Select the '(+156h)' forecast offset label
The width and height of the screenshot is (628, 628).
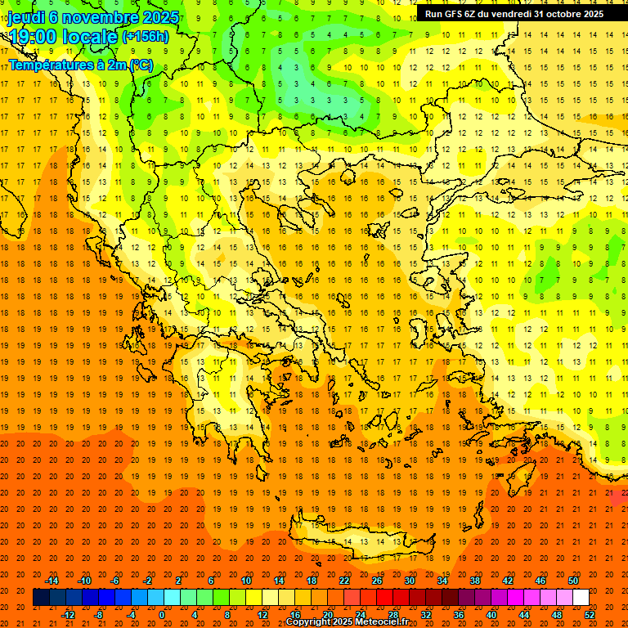(x=146, y=37)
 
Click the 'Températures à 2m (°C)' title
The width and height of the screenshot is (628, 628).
(x=80, y=64)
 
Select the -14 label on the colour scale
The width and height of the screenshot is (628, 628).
(x=52, y=581)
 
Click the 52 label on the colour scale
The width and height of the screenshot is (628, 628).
(x=590, y=615)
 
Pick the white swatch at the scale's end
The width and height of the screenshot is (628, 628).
(x=581, y=598)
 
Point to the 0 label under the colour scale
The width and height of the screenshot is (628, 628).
(x=162, y=615)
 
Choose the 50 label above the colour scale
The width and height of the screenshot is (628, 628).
(x=572, y=581)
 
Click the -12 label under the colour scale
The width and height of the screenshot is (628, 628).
(x=68, y=615)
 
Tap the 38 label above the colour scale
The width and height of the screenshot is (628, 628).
(x=474, y=581)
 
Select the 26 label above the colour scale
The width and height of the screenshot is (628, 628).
(x=377, y=581)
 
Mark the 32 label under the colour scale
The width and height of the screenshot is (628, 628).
(x=425, y=615)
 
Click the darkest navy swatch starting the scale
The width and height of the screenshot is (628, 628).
(x=41, y=598)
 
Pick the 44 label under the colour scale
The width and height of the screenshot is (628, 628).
(x=524, y=615)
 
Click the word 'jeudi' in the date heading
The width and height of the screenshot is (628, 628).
(x=26, y=17)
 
